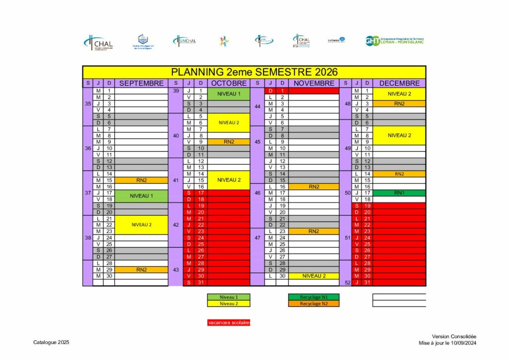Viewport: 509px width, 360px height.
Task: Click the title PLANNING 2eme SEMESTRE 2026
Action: click(254, 72)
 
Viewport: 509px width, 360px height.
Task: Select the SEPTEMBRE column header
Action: click(142, 83)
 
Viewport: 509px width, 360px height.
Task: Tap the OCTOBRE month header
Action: click(229, 83)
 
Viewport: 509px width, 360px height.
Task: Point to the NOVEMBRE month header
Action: click(314, 83)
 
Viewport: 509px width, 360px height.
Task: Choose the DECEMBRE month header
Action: click(399, 83)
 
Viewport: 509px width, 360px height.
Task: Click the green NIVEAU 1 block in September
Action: click(142, 196)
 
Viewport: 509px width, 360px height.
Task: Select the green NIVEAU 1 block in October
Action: click(229, 94)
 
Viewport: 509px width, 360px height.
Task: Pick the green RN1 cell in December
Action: click(399, 193)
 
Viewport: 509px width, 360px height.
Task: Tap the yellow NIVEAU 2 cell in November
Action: click(314, 276)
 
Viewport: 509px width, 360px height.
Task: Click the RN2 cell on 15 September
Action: click(142, 180)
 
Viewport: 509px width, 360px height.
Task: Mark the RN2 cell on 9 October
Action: click(229, 142)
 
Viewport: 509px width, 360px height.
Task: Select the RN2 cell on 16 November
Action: click(314, 186)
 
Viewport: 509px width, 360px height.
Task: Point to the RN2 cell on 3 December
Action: click(399, 103)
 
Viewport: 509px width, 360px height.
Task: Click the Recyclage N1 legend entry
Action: click(313, 297)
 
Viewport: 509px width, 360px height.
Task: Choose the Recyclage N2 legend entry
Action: click(313, 303)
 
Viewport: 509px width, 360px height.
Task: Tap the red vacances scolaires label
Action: click(229, 323)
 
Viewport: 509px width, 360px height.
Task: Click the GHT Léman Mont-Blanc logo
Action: click(394, 41)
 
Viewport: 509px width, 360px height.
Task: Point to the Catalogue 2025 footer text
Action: click(51, 343)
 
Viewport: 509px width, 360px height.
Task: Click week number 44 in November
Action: click(257, 106)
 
